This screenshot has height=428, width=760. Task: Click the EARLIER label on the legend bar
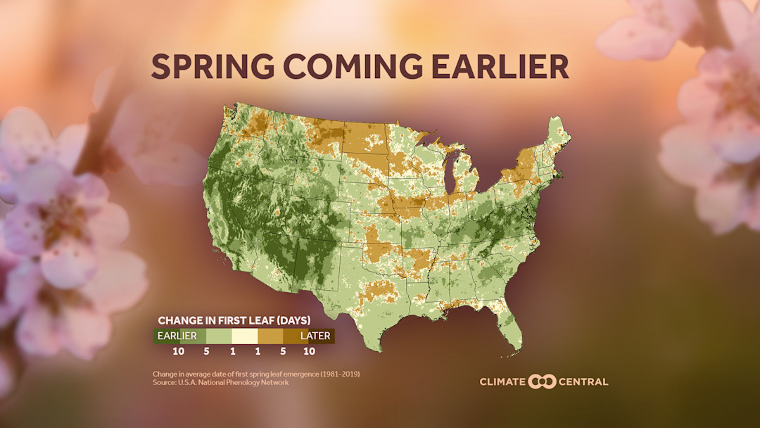(177, 336)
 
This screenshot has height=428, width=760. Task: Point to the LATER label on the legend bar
(315, 336)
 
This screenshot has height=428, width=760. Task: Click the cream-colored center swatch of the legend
(244, 336)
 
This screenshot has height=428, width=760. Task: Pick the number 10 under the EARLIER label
(179, 351)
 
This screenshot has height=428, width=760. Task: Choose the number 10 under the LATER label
(308, 351)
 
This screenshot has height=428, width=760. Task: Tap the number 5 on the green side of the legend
(205, 351)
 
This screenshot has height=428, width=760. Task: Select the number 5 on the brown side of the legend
(283, 351)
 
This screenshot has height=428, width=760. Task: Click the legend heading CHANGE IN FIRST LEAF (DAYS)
(234, 320)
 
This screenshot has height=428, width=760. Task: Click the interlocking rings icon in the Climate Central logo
(542, 382)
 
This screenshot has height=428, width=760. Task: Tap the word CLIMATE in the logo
(502, 382)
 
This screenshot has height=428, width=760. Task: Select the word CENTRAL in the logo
(583, 382)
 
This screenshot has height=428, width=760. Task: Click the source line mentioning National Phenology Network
(220, 382)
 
